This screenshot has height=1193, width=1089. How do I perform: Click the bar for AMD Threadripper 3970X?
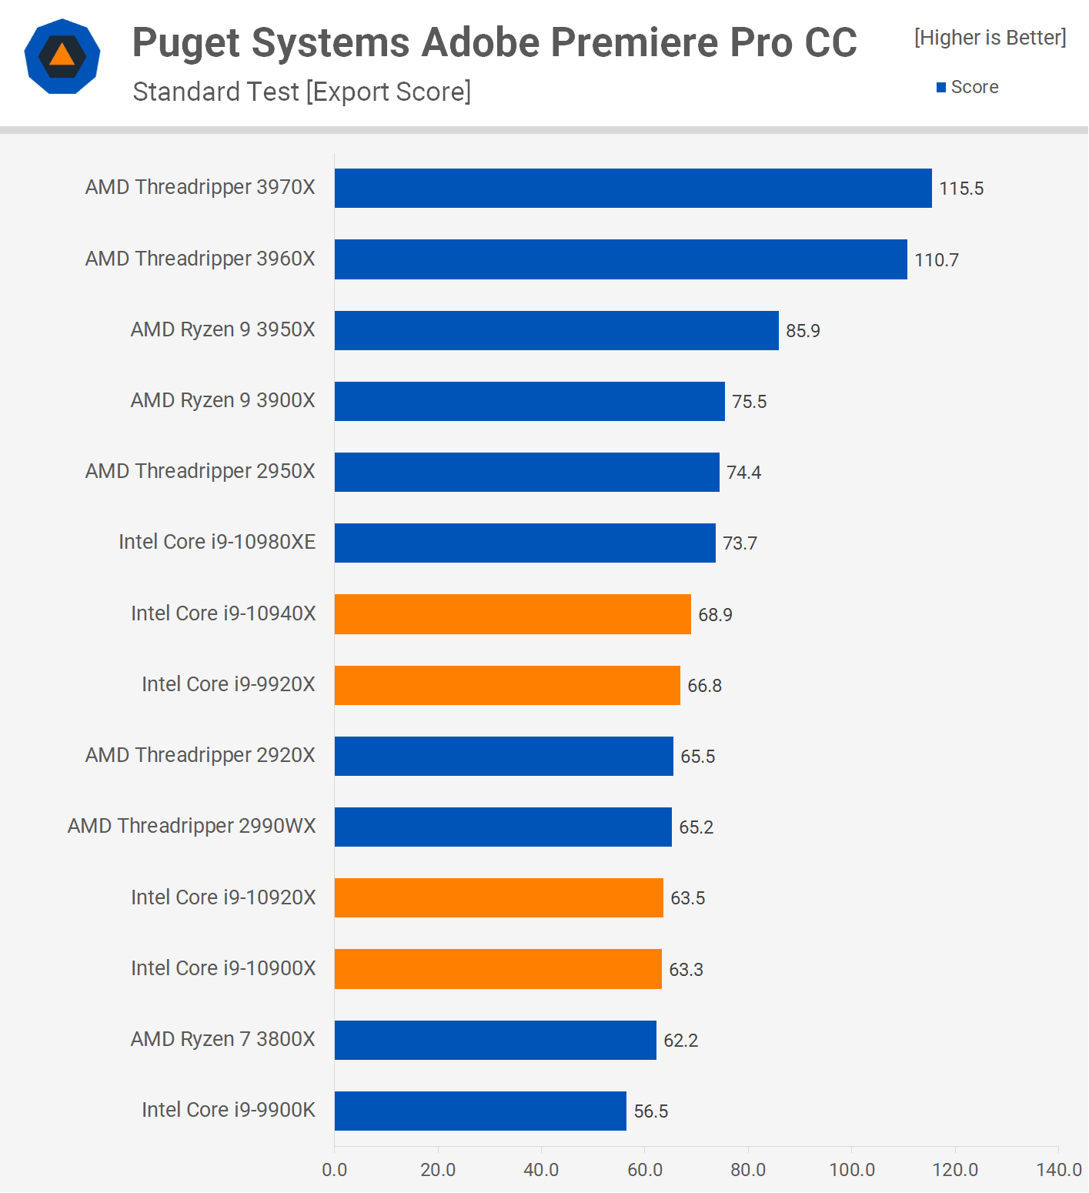pyautogui.click(x=633, y=189)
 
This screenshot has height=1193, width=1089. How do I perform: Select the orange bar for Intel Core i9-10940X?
pyautogui.click(x=513, y=614)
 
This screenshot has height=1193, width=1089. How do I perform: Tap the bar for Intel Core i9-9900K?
pyautogui.click(x=480, y=1111)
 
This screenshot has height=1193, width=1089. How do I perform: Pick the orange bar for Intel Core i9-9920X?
pyautogui.click(x=507, y=685)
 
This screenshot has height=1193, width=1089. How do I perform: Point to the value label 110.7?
pyautogui.click(x=937, y=260)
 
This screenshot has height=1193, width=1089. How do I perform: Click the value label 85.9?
pyautogui.click(x=803, y=331)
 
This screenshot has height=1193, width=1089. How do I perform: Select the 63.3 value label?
pyautogui.click(x=686, y=970)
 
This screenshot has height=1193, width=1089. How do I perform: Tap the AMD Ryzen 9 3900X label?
pyautogui.click(x=223, y=400)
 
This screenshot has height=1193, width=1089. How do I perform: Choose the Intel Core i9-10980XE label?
pyautogui.click(x=217, y=542)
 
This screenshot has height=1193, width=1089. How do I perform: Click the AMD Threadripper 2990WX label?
pyautogui.click(x=192, y=826)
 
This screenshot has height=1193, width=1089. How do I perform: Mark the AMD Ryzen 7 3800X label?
pyautogui.click(x=223, y=1039)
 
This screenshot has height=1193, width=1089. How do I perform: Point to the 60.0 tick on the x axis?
pyautogui.click(x=645, y=1170)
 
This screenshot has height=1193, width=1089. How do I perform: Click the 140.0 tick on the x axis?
pyautogui.click(x=1059, y=1170)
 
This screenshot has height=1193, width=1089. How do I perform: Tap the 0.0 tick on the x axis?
pyautogui.click(x=335, y=1170)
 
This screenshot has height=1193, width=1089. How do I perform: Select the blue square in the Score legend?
pyautogui.click(x=940, y=88)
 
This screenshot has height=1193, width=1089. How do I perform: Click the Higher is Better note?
pyautogui.click(x=990, y=38)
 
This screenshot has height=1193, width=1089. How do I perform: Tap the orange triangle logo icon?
pyautogui.click(x=62, y=55)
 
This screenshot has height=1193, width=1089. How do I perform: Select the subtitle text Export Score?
pyautogui.click(x=389, y=92)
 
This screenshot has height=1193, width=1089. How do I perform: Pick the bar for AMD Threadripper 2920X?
pyautogui.click(x=503, y=756)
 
